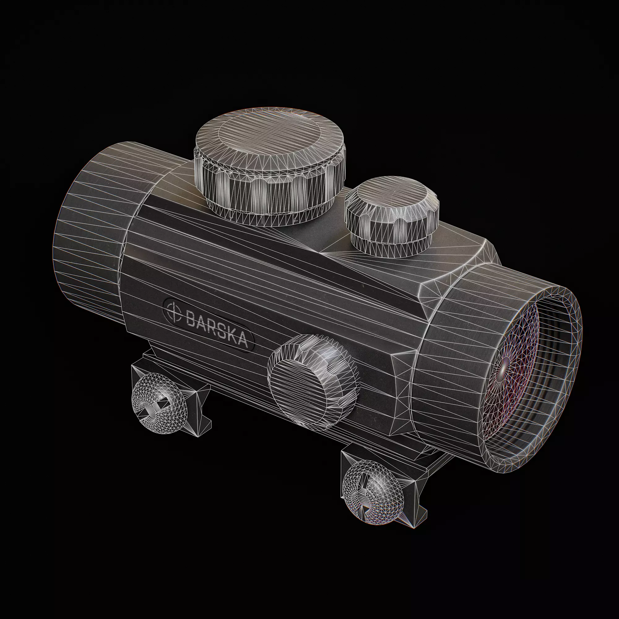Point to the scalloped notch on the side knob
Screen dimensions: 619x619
pos(333,368)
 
